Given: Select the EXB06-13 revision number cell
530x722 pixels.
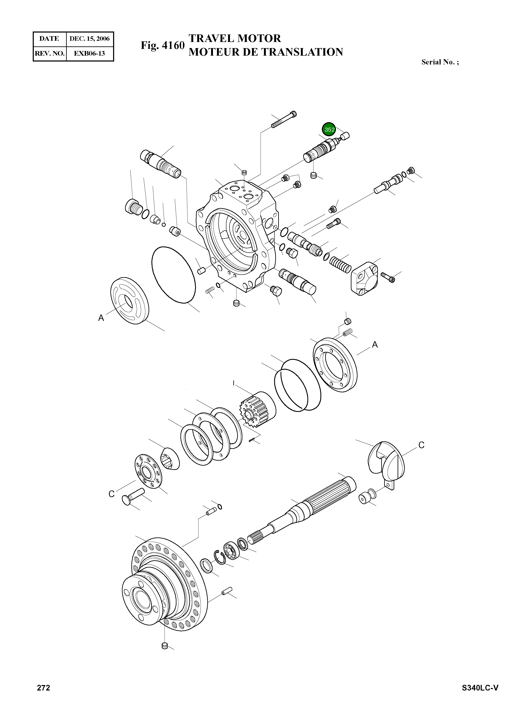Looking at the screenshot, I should (90, 53).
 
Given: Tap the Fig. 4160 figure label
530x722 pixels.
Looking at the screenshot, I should (163, 45).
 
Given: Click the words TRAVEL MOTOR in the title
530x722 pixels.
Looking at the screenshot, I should (235, 38).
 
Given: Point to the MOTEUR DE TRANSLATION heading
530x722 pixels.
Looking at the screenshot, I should (266, 52).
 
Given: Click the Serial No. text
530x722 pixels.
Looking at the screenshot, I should (440, 62).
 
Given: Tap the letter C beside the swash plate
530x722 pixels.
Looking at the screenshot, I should (421, 445).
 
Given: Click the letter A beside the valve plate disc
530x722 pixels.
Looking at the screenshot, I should (101, 318).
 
